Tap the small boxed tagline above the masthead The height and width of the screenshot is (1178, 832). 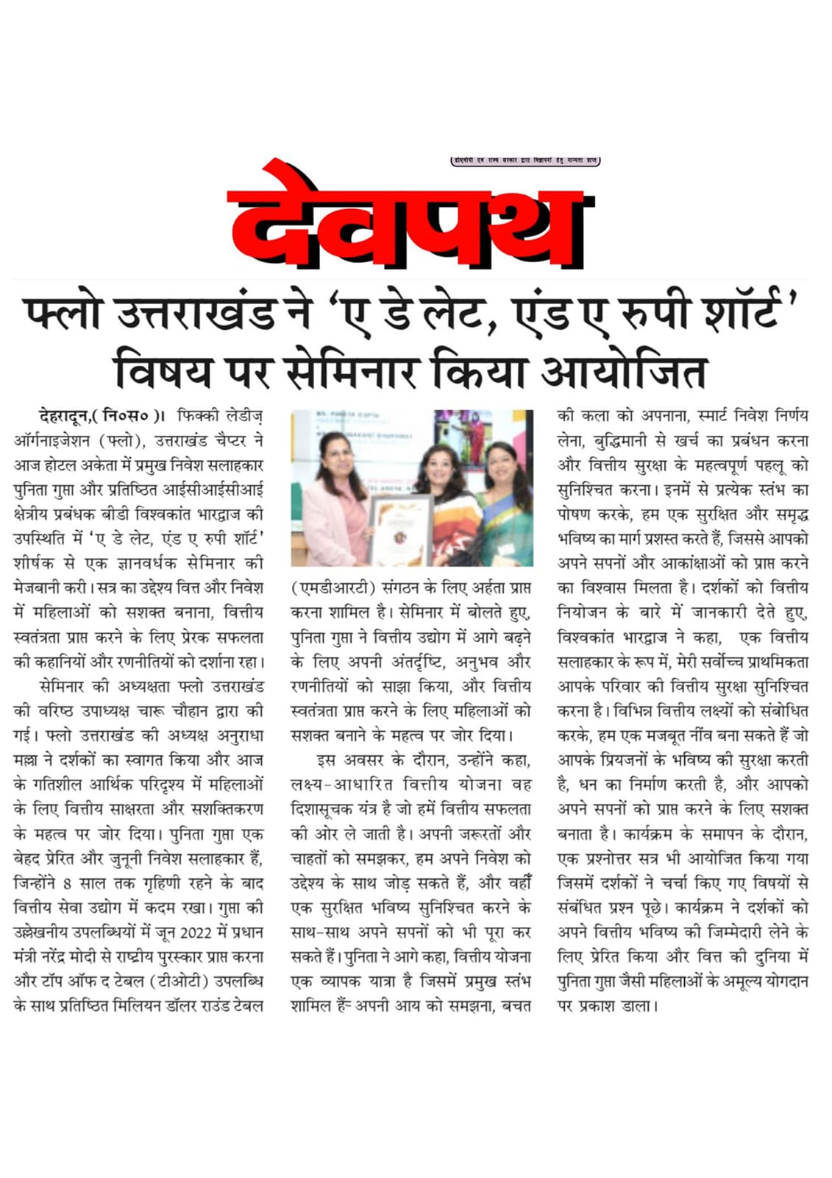[525, 161]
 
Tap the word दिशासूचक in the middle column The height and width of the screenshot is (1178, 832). [324, 809]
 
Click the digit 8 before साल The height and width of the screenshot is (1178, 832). [67, 883]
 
